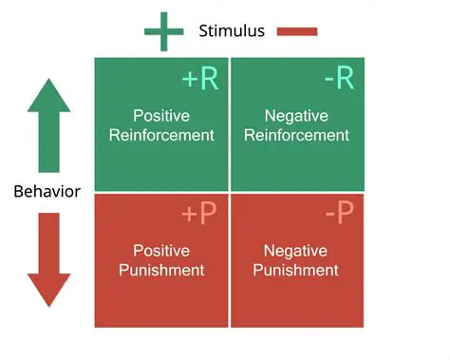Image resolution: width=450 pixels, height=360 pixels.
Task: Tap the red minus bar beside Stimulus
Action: pos(297,31)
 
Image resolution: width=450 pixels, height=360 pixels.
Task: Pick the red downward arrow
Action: pos(48,259)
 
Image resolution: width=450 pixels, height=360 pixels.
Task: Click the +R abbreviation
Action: pos(200,78)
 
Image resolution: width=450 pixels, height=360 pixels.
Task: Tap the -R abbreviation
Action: pos(339,78)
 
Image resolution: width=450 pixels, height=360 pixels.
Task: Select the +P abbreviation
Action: pos(199,215)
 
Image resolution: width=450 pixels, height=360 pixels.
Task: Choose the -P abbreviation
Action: pos(339,215)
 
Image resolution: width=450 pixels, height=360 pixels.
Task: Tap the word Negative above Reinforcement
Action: pos(297,116)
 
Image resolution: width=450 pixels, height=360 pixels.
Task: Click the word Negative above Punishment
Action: pos(296,251)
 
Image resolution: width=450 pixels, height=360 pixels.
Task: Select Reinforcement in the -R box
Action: pos(297,135)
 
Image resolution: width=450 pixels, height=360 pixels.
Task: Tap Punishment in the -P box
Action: pos(297,271)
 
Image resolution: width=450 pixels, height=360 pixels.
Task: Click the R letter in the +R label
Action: pos(210,78)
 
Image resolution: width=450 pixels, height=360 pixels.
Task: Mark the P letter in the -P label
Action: pos(346,215)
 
